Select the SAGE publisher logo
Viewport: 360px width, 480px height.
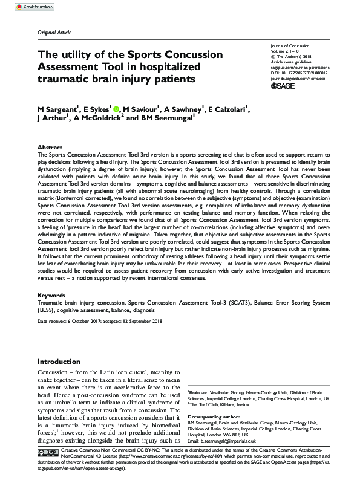tap(281, 88)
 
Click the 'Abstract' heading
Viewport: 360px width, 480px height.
tap(50, 148)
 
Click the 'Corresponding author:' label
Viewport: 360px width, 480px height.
tap(214, 417)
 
